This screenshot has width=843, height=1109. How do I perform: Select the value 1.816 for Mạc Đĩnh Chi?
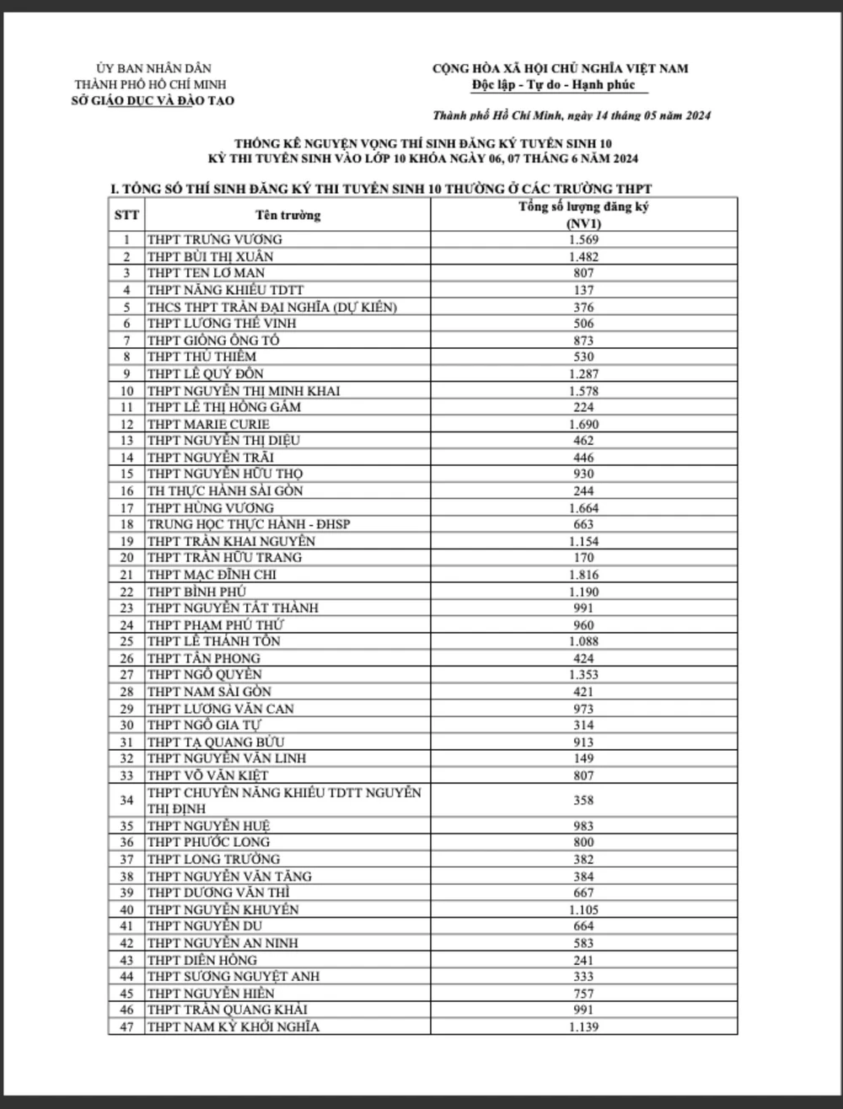(583, 575)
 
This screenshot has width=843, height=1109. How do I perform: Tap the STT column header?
(126, 214)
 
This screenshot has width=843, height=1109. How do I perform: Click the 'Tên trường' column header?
(287, 215)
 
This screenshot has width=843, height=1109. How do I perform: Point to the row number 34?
(126, 800)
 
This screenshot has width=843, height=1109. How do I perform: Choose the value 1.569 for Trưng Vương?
(583, 240)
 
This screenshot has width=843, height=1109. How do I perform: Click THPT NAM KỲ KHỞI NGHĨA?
(233, 1026)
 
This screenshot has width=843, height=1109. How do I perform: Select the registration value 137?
(583, 290)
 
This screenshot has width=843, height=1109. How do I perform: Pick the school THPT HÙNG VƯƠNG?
(210, 508)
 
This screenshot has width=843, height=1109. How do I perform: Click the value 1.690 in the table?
(583, 424)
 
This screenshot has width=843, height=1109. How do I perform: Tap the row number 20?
(126, 558)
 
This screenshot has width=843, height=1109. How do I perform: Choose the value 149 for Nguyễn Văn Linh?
(583, 758)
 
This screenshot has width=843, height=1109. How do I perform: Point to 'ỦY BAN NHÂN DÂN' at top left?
(154, 69)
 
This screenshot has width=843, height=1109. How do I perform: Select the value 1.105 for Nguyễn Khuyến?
(583, 909)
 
